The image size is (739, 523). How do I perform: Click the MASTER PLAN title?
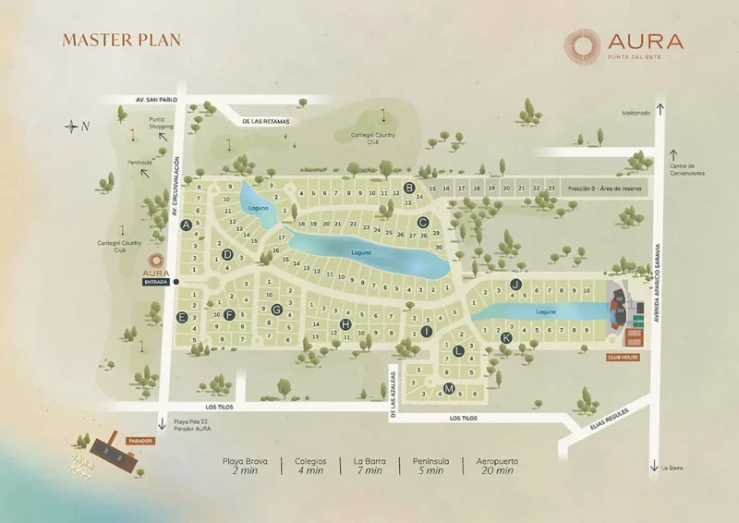[x=121, y=40]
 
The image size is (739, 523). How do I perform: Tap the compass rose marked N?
[x=73, y=126]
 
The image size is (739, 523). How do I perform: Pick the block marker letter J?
[x=516, y=284]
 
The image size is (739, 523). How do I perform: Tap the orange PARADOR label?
[x=139, y=441]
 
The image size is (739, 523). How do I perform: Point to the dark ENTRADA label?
[x=155, y=283]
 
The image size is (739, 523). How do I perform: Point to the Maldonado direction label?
[x=634, y=114]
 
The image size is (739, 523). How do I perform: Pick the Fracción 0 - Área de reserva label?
[x=604, y=188]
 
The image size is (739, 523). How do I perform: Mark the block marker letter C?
[x=422, y=222]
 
